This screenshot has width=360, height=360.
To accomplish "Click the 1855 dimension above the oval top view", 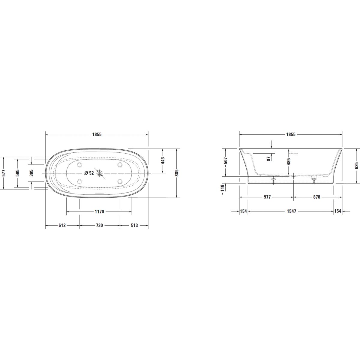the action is [97, 134].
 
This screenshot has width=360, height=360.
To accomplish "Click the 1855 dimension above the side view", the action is [291, 134].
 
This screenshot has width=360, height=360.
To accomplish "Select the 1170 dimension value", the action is [99, 212].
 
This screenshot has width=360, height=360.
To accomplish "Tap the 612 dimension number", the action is [62, 225].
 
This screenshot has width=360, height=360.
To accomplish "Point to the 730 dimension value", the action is [99, 225].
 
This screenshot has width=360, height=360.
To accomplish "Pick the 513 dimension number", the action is [134, 225].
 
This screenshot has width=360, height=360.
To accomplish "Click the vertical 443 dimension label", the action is [163, 161].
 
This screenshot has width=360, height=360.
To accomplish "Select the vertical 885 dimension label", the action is [177, 173].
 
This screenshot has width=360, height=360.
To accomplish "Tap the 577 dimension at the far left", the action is [4, 173].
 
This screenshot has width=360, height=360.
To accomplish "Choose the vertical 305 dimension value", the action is [31, 173].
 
